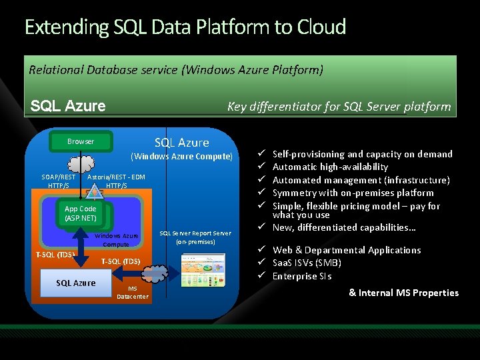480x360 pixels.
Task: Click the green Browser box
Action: point(81,141)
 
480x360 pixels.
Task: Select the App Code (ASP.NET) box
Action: point(81,213)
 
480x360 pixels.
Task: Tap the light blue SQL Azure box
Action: point(75,283)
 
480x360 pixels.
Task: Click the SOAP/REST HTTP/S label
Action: point(59,181)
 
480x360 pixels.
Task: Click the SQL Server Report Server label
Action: point(195,237)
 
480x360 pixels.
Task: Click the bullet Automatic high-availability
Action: point(330,167)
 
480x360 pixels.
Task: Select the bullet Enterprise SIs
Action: point(302,276)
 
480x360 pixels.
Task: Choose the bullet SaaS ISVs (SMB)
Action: point(307,263)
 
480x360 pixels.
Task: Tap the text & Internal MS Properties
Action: point(403,293)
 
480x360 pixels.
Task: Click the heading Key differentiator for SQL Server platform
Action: point(339,107)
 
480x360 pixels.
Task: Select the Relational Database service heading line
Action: point(176,69)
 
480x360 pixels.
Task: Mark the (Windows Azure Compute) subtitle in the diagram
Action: point(182,157)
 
